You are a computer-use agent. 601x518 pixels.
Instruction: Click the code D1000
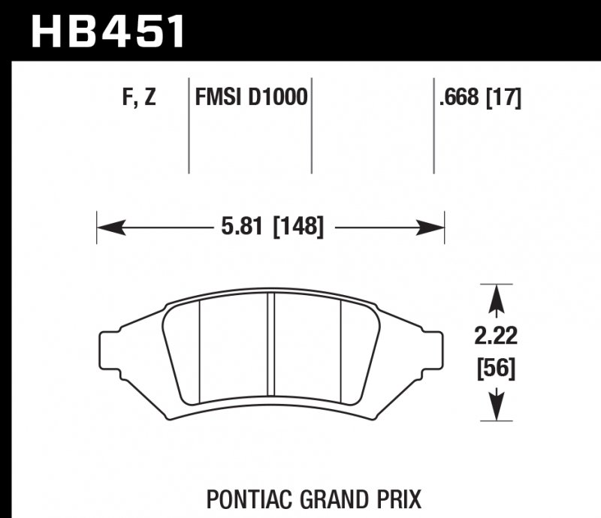(x=278, y=98)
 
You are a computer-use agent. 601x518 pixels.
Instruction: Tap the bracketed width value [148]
(x=298, y=226)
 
